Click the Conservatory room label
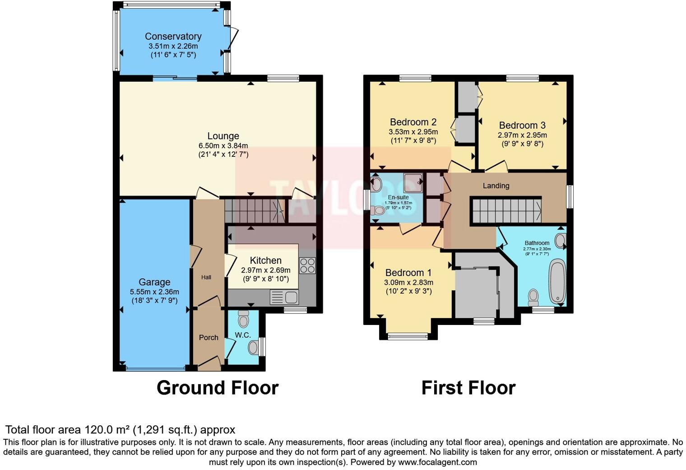tap(173, 36)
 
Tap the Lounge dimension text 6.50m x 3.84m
tap(223, 146)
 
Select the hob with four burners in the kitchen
tap(307, 266)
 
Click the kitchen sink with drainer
tap(284, 297)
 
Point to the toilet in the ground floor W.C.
tap(244, 319)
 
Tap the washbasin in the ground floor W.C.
tap(254, 348)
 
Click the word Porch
tap(209, 338)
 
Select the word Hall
tap(206, 277)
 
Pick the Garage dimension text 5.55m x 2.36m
tap(154, 292)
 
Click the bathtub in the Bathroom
tap(557, 281)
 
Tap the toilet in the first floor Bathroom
tap(533, 297)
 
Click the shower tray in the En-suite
tap(413, 183)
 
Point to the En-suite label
tap(398, 197)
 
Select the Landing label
tap(496, 185)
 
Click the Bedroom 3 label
tap(522, 125)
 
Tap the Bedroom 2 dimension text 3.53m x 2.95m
tap(413, 132)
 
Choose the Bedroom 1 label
tap(408, 272)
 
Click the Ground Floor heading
tap(218, 388)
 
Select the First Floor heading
tap(468, 388)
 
